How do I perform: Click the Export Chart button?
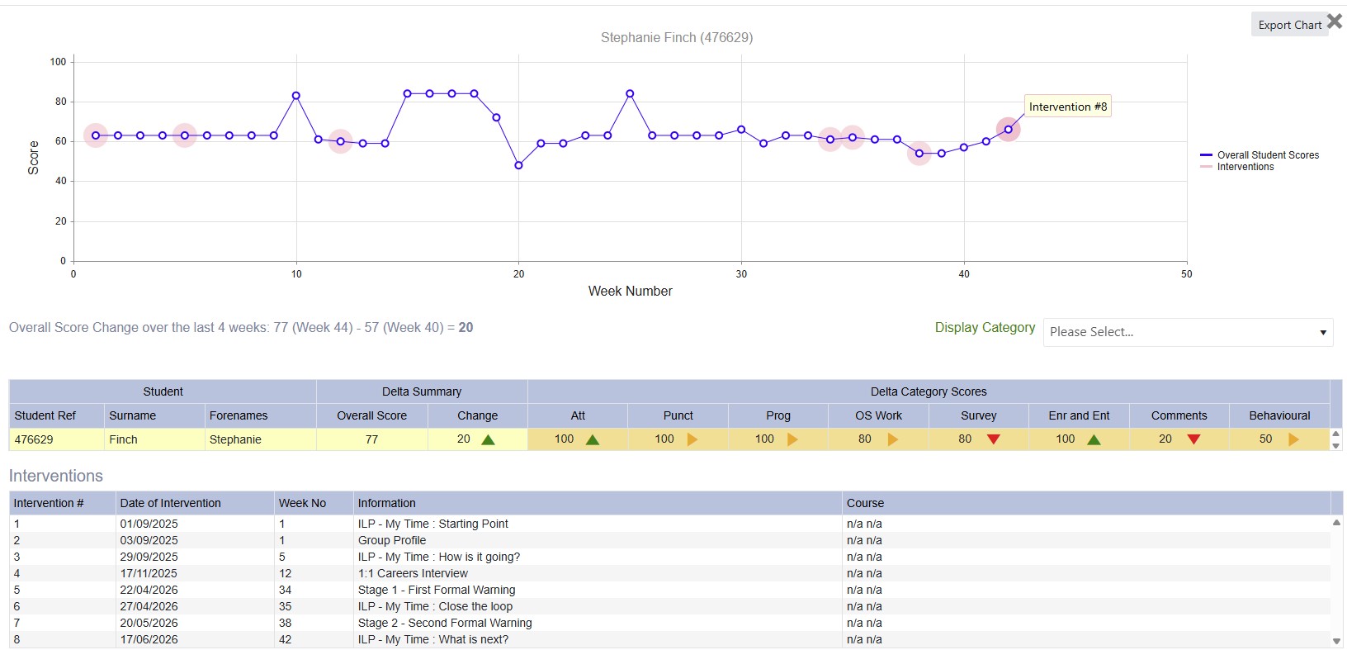tap(1289, 25)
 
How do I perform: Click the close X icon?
tap(1335, 21)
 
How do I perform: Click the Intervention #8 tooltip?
tap(1067, 107)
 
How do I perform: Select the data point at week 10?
tap(295, 96)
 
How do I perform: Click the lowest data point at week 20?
tap(518, 165)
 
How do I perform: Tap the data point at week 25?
tap(630, 94)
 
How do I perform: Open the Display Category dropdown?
tap(1188, 332)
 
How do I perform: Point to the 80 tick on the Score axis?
tap(60, 102)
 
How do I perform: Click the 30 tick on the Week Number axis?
tap(741, 274)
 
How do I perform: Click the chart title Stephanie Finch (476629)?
tap(677, 37)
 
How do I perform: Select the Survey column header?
tap(978, 415)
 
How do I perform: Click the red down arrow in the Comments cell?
tap(1193, 439)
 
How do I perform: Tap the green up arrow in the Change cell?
tap(488, 439)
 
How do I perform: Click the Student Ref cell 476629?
tap(34, 439)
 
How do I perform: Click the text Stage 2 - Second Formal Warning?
tap(445, 623)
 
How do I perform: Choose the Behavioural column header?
tap(1279, 415)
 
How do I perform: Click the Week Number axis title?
tap(631, 292)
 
